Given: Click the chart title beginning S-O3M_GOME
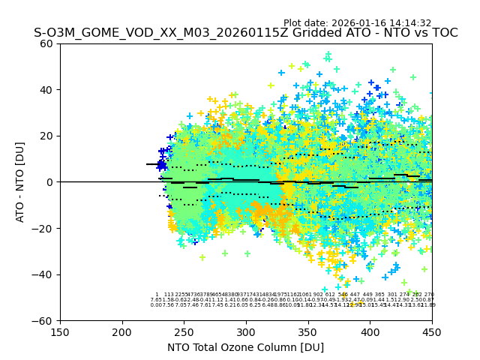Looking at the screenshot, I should click(x=245, y=33).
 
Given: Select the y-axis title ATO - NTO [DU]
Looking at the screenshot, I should click(x=21, y=182).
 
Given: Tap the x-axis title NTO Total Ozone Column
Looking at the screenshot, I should click(x=245, y=347).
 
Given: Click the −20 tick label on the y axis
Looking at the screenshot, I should click(x=45, y=228).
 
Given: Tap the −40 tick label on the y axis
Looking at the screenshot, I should click(x=45, y=274).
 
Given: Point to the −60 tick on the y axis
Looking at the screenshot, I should click(x=45, y=320).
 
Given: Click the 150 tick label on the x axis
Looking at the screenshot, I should click(x=60, y=331).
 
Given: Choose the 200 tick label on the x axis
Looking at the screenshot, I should click(x=122, y=331).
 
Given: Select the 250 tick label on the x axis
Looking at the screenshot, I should click(x=184, y=331).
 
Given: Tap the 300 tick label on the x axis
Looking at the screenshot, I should click(x=246, y=331).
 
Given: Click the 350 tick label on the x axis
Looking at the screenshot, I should click(x=307, y=331).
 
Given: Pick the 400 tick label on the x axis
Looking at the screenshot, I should click(x=370, y=331).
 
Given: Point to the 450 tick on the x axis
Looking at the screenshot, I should click(x=432, y=331).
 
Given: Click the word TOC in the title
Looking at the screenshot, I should click(x=443, y=33).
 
